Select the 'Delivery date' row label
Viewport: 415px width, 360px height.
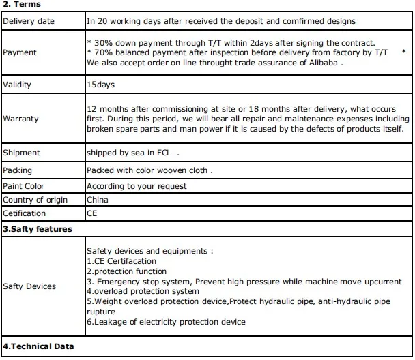tap(29, 21)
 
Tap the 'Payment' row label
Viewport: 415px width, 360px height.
tap(20, 52)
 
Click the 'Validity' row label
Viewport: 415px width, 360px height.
tap(18, 85)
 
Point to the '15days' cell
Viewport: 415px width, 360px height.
tap(100, 85)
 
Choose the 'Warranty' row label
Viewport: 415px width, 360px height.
tap(21, 119)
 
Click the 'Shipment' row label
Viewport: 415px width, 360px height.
tap(22, 153)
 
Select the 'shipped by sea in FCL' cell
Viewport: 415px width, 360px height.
tap(132, 153)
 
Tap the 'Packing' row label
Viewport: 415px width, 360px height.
tap(18, 170)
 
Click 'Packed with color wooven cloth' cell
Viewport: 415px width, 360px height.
tap(149, 170)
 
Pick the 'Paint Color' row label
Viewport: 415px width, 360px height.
tap(24, 185)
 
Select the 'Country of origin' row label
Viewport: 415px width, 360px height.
tap(35, 200)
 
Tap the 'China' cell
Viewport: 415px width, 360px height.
tap(98, 200)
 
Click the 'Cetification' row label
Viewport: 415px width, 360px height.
tap(25, 213)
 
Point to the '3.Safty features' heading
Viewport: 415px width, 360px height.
tap(38, 229)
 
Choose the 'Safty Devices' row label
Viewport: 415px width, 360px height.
tap(29, 286)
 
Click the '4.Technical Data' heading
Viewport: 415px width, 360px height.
tap(38, 346)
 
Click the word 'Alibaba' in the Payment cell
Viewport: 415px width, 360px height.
tap(321, 63)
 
